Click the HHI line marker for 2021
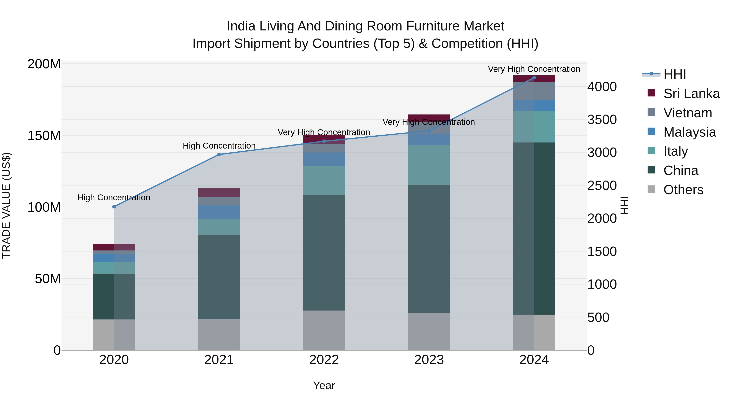point(219,155)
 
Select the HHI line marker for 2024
point(534,78)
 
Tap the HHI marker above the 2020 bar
point(114,207)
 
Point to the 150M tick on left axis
point(44,136)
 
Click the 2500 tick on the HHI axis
point(602,186)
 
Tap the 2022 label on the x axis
point(324,360)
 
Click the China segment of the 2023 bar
point(429,249)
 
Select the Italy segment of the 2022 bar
point(324,180)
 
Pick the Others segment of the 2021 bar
point(219,334)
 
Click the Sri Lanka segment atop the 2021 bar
point(219,193)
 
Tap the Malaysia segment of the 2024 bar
point(534,106)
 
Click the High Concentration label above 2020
point(114,197)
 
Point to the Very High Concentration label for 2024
point(534,69)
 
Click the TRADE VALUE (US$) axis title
point(6,205)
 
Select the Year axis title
point(324,385)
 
